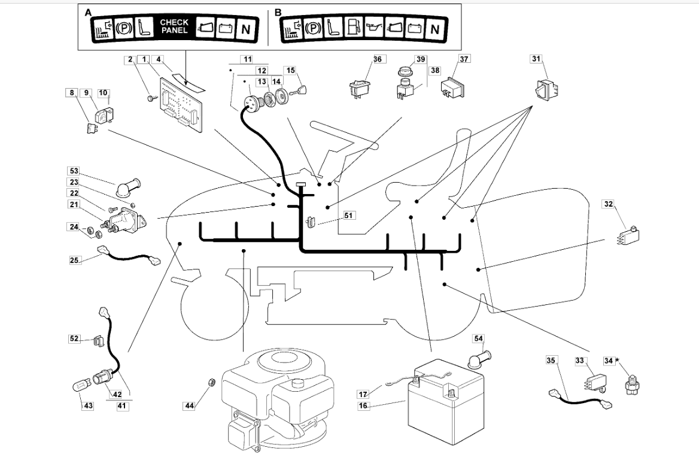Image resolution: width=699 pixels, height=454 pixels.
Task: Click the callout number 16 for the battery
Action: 363,406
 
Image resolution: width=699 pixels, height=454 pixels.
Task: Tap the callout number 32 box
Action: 608,205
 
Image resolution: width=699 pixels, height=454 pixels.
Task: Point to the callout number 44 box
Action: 189,406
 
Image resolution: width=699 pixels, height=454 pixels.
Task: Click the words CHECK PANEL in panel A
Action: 174,26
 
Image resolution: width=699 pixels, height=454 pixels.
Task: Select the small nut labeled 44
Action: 211,382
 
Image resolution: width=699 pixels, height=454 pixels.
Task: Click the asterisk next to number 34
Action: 617,361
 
